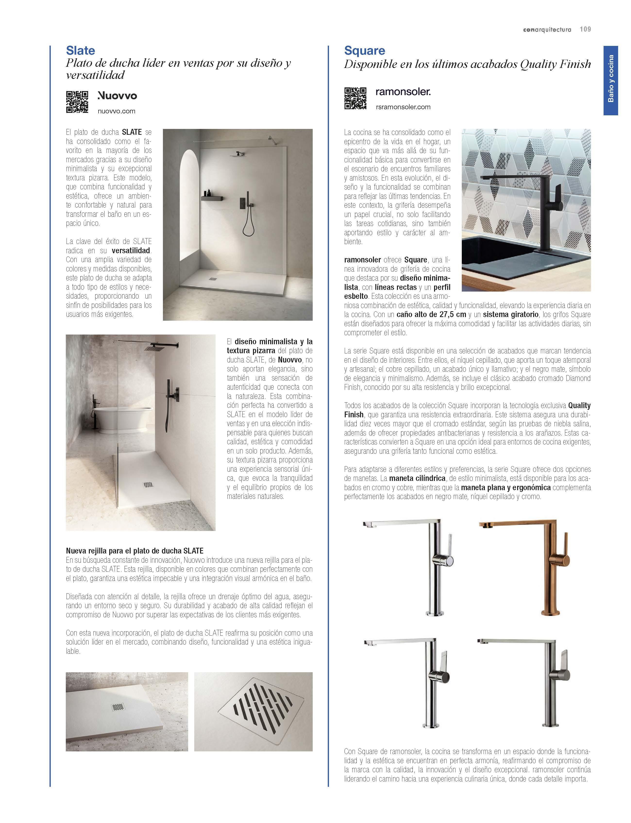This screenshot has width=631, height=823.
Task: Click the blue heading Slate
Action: [80, 51]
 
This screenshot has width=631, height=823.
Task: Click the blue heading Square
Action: [364, 51]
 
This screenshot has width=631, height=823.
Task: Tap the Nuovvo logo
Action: [117, 96]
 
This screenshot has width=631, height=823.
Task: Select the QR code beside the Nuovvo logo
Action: [77, 102]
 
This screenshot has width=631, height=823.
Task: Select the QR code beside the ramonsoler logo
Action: [355, 98]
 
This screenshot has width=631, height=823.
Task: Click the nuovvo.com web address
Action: [117, 111]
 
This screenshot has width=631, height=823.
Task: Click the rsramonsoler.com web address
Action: [403, 107]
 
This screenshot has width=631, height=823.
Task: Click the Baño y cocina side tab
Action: [610, 80]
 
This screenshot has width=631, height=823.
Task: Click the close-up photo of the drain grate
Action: [253, 711]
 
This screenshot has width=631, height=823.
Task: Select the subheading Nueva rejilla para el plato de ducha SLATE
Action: [135, 551]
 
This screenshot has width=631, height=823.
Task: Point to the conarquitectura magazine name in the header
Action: [547, 30]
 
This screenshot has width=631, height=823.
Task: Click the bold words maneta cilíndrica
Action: [417, 479]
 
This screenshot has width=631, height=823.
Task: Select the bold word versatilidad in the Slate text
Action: [131, 251]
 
